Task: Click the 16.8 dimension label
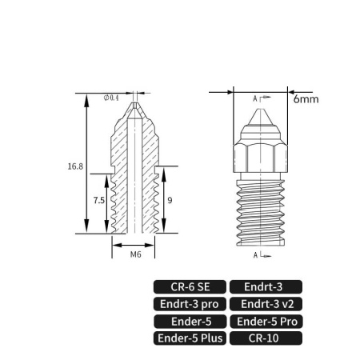[x=75, y=166]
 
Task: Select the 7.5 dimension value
[x=99, y=200]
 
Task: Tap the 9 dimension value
[x=170, y=200]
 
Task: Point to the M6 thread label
[x=135, y=254]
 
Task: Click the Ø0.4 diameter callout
[x=111, y=98]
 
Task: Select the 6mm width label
[x=306, y=99]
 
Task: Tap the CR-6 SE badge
[x=190, y=287]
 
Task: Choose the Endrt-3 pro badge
[x=190, y=304]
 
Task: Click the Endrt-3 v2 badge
[x=266, y=304]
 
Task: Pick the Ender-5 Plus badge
[x=190, y=338]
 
